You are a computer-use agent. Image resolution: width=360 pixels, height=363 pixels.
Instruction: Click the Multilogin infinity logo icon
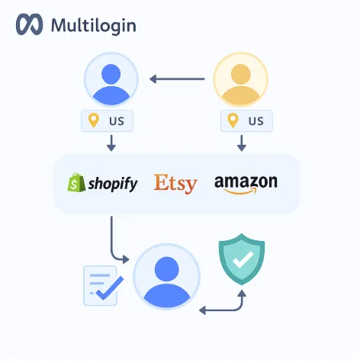(29, 24)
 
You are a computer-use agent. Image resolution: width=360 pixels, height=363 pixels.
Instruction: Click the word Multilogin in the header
(94, 26)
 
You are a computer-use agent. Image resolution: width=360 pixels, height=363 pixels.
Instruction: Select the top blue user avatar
(111, 79)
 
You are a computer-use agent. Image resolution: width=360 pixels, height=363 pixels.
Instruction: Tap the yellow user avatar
(241, 79)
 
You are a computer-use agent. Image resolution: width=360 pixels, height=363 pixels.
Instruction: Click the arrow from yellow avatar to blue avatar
(177, 79)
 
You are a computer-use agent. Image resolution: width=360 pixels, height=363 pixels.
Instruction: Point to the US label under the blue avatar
(117, 121)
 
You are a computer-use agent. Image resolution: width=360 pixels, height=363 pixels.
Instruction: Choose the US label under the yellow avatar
(256, 121)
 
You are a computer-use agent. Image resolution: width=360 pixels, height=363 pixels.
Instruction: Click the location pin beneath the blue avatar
(94, 120)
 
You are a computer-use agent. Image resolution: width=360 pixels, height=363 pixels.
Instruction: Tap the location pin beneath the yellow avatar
(233, 120)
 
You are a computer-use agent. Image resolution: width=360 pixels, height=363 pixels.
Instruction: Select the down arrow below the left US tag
(111, 143)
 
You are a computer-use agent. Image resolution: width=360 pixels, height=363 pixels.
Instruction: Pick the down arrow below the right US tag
(242, 143)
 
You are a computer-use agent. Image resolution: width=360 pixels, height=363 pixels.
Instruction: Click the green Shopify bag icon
(76, 182)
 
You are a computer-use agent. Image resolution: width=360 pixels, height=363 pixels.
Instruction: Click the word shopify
(113, 184)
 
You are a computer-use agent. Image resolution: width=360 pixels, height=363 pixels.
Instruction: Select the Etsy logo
(175, 184)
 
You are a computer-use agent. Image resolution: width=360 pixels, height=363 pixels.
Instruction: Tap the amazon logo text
(246, 181)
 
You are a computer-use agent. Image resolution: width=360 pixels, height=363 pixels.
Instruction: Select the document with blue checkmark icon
(103, 285)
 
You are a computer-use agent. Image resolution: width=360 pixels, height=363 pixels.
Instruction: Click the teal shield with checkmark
(242, 259)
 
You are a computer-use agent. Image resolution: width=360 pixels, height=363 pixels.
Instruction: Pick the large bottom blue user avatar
(167, 277)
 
